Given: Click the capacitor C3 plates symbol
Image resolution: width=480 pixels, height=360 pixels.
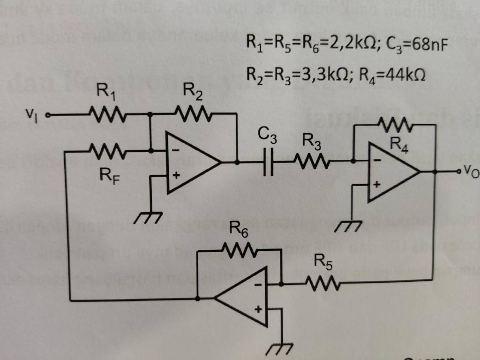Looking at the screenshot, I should [x=268, y=163].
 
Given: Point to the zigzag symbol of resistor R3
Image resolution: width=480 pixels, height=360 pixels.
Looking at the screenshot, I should [x=313, y=162].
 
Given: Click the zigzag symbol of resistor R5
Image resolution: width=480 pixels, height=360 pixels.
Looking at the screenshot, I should [x=323, y=283].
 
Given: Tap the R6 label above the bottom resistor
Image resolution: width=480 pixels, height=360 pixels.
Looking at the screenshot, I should [x=239, y=230].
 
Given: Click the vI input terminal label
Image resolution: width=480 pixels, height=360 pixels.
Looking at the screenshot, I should [x=31, y=113].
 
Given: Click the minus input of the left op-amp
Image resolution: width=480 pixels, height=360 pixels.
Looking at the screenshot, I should [x=174, y=151].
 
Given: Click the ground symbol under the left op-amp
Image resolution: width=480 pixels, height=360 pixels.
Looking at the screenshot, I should [x=148, y=217].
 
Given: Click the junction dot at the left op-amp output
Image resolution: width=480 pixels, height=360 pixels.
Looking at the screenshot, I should [x=237, y=162].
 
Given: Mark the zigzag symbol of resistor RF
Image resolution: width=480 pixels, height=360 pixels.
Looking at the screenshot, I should [x=107, y=151].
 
